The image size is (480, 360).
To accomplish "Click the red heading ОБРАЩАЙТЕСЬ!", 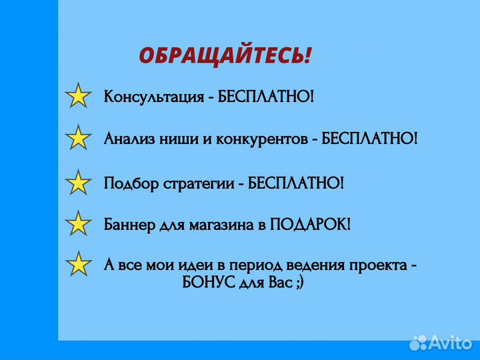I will [x=225, y=55].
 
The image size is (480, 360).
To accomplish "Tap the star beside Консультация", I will [x=79, y=97].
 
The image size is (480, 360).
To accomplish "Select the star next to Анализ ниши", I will [x=79, y=139].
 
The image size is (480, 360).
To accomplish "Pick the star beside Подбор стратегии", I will [x=79, y=183].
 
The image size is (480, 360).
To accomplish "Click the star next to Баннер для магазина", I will [x=79, y=224].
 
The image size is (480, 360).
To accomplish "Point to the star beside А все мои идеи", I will [x=79, y=265].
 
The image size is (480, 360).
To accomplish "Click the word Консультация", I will [x=153, y=97].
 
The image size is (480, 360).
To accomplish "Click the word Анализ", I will [x=126, y=139].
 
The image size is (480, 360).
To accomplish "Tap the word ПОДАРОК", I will [x=307, y=224].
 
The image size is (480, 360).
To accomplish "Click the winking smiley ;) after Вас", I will [x=300, y=283].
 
